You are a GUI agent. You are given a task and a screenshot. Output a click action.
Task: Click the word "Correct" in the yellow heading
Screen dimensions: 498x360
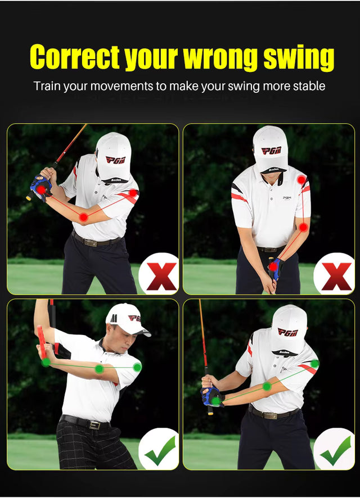click(x=75, y=57)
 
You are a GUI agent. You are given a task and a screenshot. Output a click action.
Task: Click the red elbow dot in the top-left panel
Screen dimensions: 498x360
click(x=83, y=217)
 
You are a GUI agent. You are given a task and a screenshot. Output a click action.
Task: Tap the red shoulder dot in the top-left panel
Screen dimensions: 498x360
click(x=133, y=193)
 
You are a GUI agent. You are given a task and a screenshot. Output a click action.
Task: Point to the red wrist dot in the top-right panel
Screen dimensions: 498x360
click(x=273, y=266)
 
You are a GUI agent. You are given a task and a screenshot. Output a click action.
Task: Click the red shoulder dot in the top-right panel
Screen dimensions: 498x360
click(x=301, y=180)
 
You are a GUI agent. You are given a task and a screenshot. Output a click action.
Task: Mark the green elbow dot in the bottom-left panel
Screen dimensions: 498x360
click(x=100, y=369)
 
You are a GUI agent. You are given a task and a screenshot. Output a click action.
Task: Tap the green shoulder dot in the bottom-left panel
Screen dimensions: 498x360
click(x=137, y=367)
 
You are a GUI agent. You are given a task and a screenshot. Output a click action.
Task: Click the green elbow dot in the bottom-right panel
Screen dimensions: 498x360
click(x=267, y=386)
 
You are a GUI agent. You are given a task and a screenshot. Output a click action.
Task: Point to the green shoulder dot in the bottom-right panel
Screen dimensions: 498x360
click(x=314, y=364)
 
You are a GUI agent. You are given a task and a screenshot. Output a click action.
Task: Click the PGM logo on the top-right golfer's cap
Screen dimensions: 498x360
click(x=271, y=150)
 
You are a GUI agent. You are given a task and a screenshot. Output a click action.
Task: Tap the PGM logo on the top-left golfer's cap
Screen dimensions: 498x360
click(x=115, y=160)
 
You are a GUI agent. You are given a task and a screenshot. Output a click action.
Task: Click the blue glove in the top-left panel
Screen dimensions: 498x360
click(x=41, y=187)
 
